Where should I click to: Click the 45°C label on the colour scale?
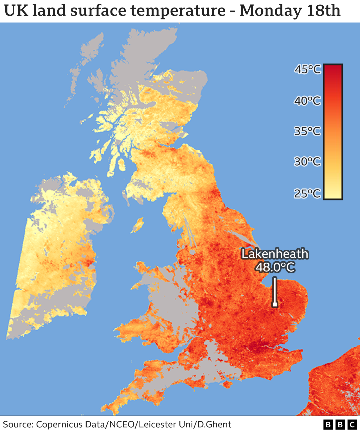[x=307, y=69]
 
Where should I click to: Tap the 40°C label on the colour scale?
[x=307, y=100]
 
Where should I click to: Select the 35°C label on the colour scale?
[x=307, y=131]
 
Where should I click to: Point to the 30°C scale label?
[x=307, y=161]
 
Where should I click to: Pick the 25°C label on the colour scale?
[x=307, y=193]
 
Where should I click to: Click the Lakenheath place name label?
[x=275, y=254]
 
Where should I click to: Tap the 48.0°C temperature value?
[x=275, y=267]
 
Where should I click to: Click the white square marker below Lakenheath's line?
[x=275, y=304]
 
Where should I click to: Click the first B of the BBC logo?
[x=328, y=425]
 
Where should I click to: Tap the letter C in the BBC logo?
[x=352, y=425]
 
